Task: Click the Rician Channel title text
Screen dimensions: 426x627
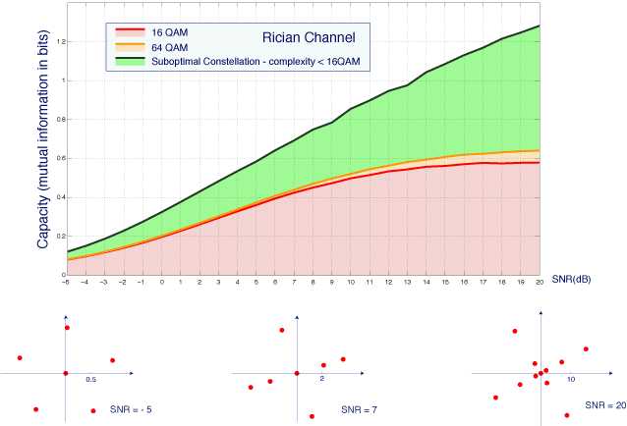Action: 309,38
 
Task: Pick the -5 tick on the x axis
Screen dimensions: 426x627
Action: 67,283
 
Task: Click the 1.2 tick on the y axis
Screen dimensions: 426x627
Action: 58,41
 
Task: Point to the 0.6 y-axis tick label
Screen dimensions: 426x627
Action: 58,158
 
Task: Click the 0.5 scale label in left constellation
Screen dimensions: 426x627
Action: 91,379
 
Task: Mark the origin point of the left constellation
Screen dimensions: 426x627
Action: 65,374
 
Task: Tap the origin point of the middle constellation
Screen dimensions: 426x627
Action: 297,374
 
